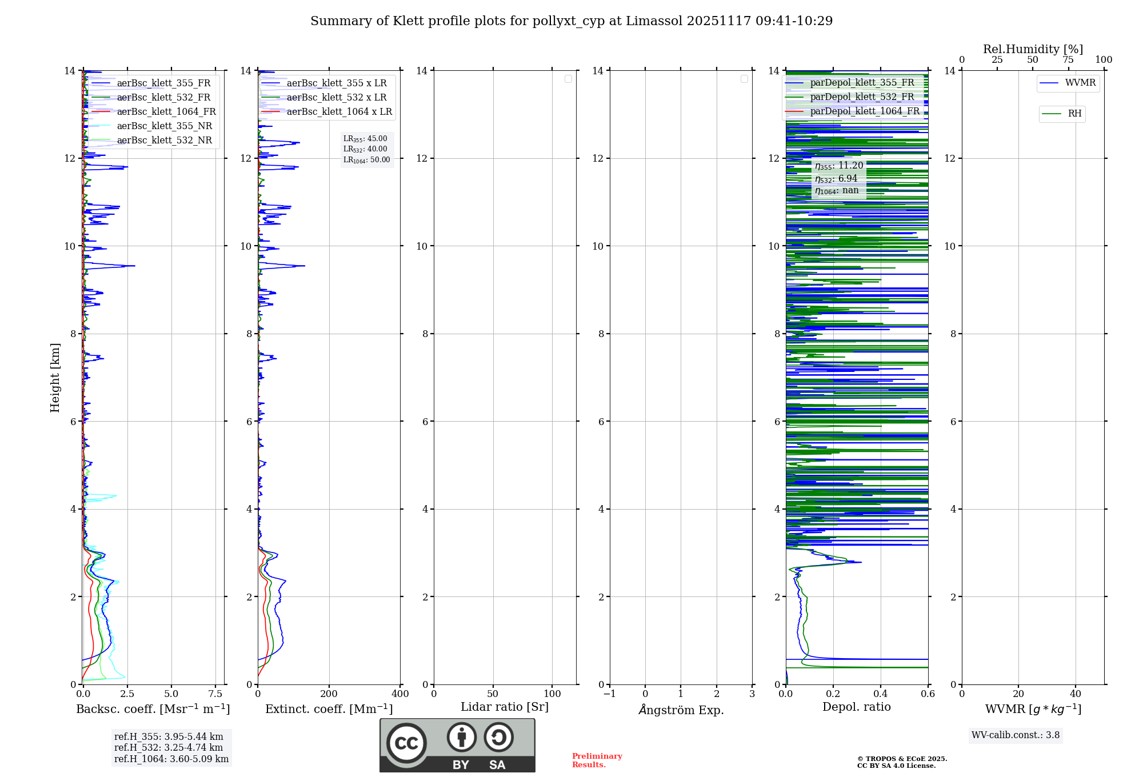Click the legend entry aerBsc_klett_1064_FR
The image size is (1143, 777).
pyautogui.click(x=166, y=112)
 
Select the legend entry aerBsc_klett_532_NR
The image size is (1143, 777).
pyautogui.click(x=164, y=141)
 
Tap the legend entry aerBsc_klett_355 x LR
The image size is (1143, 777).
pyautogui.click(x=336, y=83)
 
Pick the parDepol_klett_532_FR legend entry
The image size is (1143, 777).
pyautogui.click(x=862, y=97)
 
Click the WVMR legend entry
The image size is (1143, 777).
pyautogui.click(x=1080, y=83)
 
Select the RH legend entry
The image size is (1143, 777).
pyautogui.click(x=1074, y=114)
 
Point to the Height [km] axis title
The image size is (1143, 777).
pyautogui.click(x=55, y=378)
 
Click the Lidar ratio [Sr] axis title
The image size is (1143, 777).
pyautogui.click(x=505, y=707)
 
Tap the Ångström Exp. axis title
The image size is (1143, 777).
pyautogui.click(x=681, y=710)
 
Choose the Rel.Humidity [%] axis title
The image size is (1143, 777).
pyautogui.click(x=1033, y=49)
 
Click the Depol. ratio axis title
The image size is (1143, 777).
pyautogui.click(x=856, y=707)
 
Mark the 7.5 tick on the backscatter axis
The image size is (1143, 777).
pyautogui.click(x=215, y=694)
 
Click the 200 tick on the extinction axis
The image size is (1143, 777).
pyautogui.click(x=329, y=694)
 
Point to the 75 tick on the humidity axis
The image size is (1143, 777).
pyautogui.click(x=1068, y=60)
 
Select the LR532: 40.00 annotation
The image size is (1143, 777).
pyautogui.click(x=365, y=149)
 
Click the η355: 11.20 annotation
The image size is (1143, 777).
pyautogui.click(x=838, y=166)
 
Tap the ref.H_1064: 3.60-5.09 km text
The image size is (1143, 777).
pyautogui.click(x=171, y=759)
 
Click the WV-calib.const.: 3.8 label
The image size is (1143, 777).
pyautogui.click(x=1015, y=735)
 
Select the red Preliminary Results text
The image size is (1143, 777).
pyautogui.click(x=597, y=760)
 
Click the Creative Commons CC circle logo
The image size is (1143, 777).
pyautogui.click(x=406, y=743)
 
